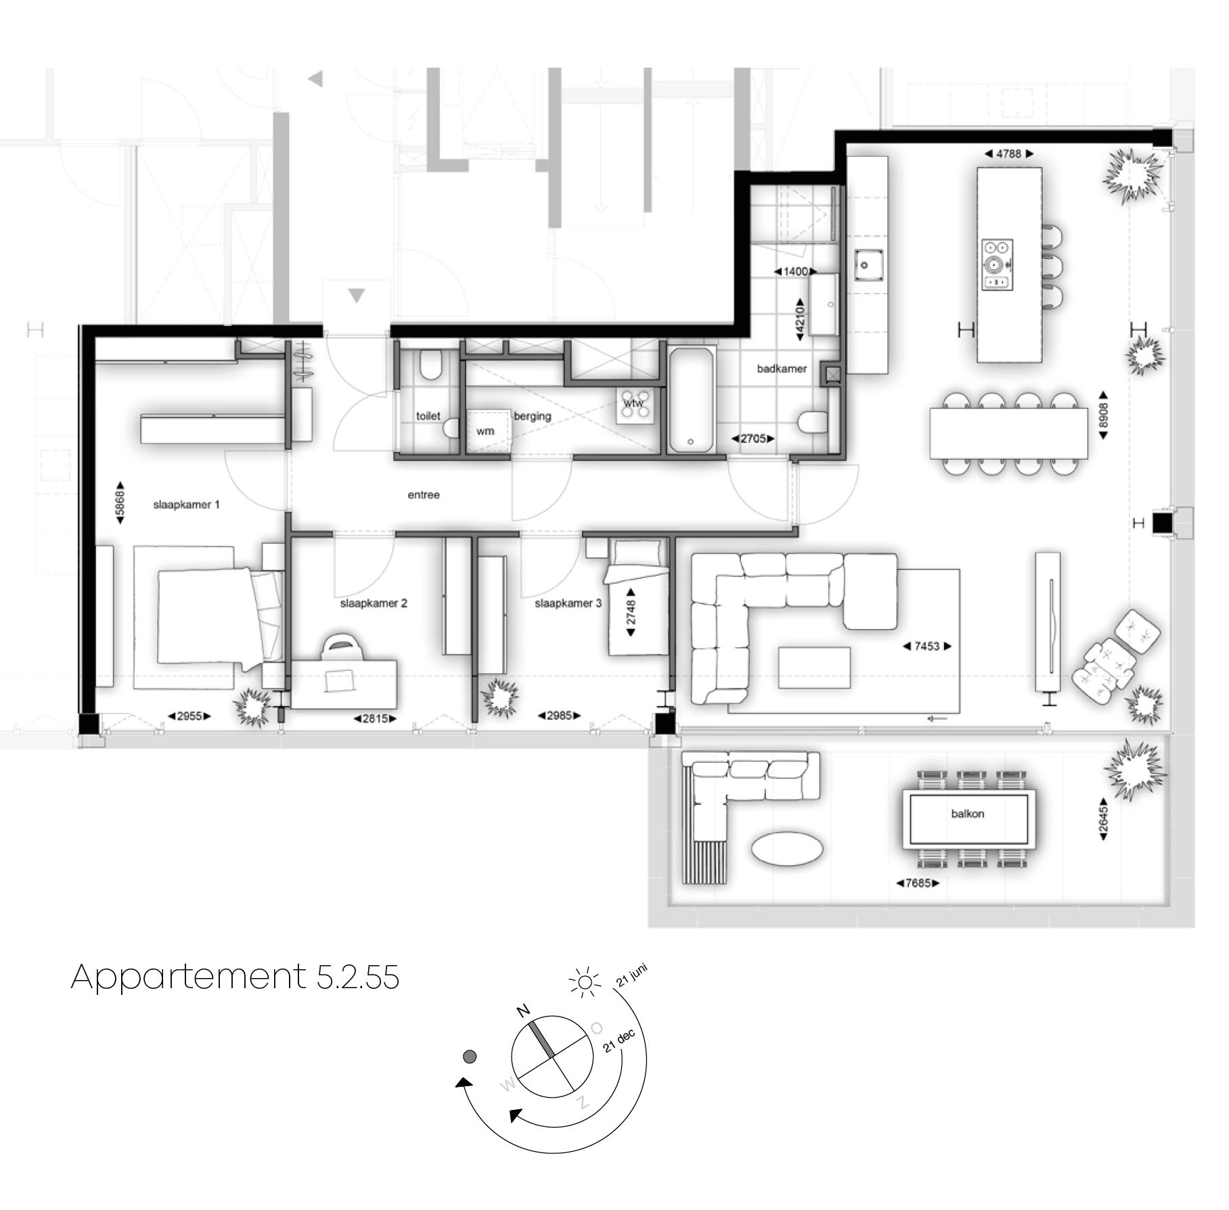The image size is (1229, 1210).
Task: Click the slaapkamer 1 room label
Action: [x=186, y=505]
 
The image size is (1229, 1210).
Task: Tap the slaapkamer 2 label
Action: [x=374, y=603]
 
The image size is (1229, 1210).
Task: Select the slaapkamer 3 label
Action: [x=568, y=603]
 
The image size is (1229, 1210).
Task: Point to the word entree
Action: [x=424, y=495]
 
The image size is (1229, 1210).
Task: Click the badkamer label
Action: [x=782, y=369]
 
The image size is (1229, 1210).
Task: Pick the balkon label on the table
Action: [x=967, y=814]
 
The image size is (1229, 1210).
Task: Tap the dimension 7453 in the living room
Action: [x=927, y=647]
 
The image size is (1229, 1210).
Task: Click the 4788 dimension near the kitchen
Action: [x=1008, y=154]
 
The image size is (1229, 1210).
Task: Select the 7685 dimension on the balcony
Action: [x=918, y=883]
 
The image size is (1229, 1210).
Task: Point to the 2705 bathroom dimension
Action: [x=753, y=439]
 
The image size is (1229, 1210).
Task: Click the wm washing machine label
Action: [x=485, y=432]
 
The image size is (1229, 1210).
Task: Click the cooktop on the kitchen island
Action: [x=998, y=264]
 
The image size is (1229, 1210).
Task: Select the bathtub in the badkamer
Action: [x=691, y=400]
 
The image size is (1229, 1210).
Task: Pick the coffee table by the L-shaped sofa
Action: [x=814, y=668]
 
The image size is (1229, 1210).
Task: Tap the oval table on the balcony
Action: [x=787, y=848]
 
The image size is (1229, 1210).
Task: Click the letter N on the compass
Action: [x=523, y=1011]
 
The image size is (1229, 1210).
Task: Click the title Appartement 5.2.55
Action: [x=235, y=977]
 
